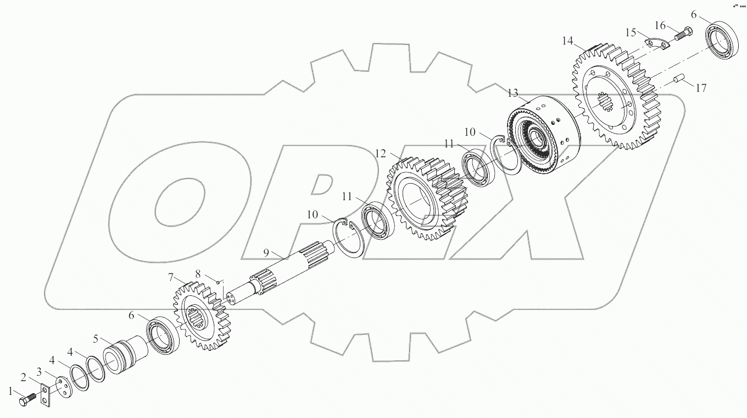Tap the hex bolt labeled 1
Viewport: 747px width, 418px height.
(27, 400)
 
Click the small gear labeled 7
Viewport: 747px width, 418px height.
(203, 320)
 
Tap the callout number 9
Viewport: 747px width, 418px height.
(266, 252)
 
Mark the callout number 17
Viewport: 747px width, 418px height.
(701, 87)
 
